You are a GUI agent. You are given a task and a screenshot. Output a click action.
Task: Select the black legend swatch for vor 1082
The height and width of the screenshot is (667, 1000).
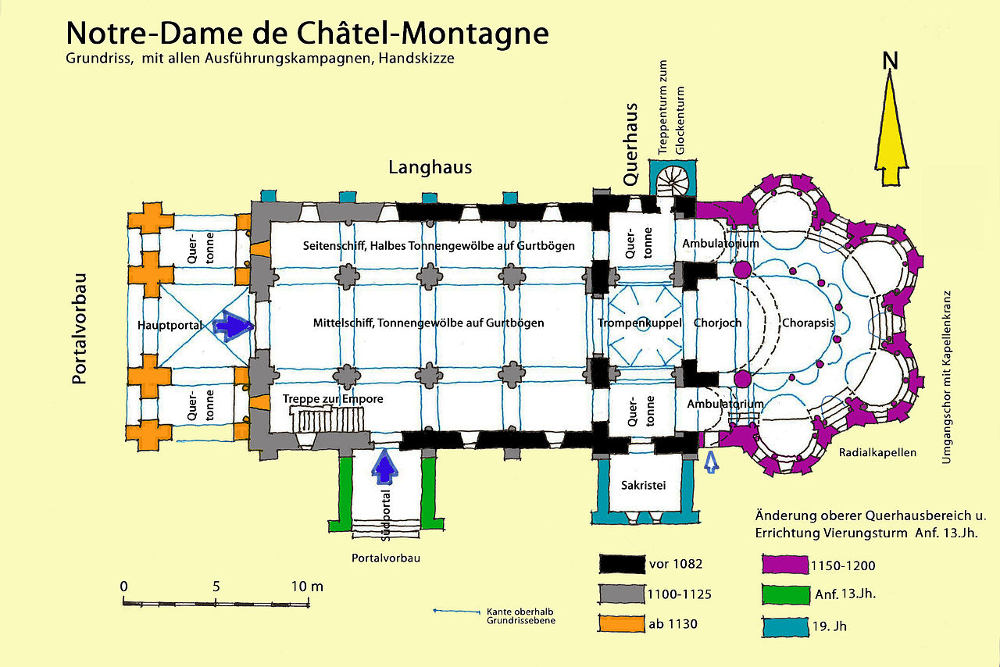tap(622, 564)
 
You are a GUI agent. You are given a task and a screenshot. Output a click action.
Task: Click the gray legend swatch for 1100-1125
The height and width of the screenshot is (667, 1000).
tap(622, 594)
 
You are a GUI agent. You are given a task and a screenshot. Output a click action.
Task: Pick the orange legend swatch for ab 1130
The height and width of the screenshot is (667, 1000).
tap(622, 624)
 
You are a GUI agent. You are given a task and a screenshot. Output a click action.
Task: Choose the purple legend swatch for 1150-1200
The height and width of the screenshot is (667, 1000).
tap(784, 564)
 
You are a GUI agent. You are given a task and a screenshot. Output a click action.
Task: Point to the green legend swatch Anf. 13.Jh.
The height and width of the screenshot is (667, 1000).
tap(784, 594)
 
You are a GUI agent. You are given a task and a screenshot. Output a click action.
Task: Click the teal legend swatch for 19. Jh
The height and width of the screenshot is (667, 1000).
tap(784, 625)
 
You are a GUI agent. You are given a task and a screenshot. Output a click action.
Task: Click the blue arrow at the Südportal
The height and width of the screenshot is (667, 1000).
tap(384, 469)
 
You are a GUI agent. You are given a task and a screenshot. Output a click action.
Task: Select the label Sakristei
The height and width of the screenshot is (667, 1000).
tap(643, 484)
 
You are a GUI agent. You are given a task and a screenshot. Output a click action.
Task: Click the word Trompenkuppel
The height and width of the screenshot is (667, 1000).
tap(640, 323)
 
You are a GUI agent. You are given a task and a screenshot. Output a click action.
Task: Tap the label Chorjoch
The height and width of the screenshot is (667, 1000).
tap(716, 323)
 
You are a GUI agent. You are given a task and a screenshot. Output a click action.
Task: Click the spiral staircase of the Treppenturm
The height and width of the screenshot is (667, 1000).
tap(673, 182)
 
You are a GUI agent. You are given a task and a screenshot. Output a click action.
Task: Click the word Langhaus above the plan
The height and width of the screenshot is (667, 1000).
tap(430, 167)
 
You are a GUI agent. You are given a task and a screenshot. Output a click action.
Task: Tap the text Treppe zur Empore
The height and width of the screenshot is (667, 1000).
tap(333, 399)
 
